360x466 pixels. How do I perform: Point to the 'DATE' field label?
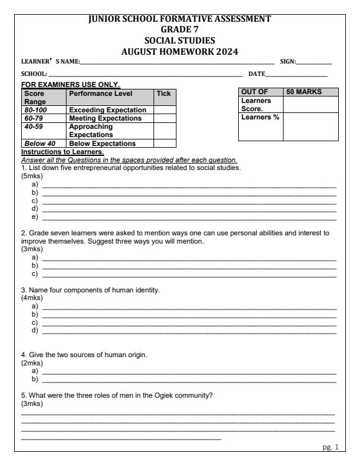click(x=256, y=74)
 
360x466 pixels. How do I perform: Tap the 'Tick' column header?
click(x=162, y=93)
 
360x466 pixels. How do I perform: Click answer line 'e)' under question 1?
click(x=188, y=217)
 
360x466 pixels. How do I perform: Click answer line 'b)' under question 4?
click(x=188, y=381)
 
